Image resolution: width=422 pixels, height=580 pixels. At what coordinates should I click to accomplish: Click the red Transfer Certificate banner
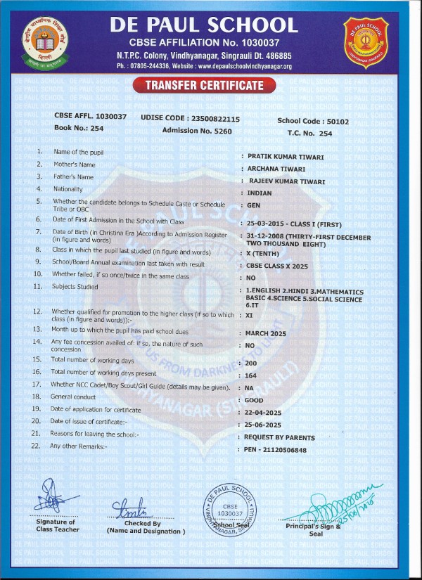[204, 86]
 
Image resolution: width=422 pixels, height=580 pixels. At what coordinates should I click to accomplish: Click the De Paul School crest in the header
[366, 40]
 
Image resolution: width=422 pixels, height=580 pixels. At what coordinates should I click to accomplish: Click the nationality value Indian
[260, 193]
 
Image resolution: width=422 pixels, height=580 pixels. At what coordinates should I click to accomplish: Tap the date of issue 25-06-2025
[264, 425]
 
